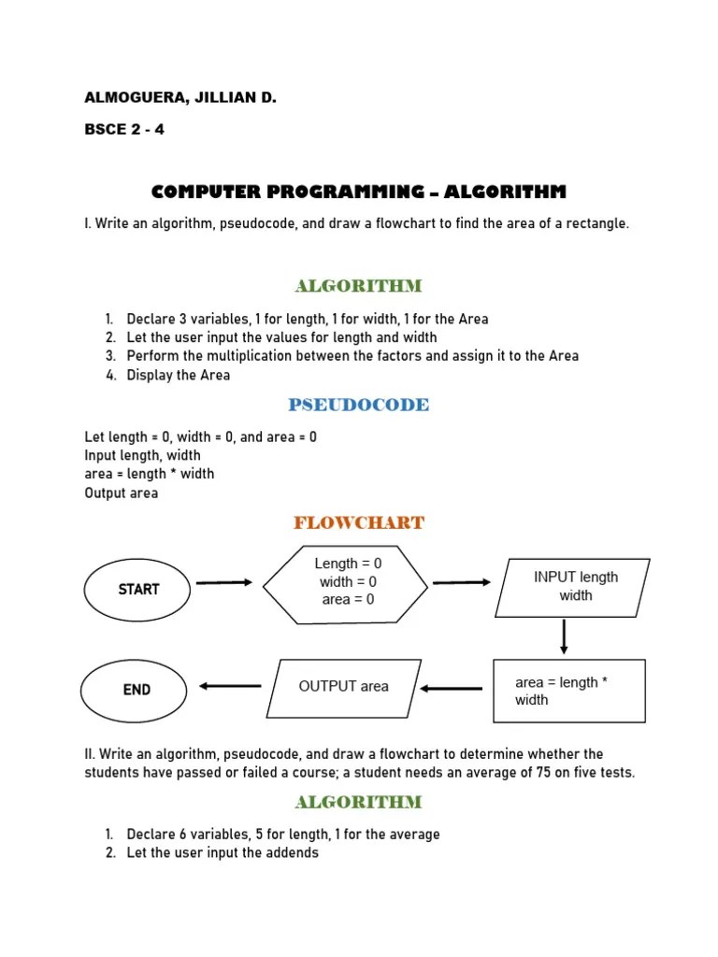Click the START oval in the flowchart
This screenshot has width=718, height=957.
point(138,589)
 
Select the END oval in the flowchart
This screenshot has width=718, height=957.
point(136,690)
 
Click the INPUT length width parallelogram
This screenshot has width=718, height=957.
point(573,587)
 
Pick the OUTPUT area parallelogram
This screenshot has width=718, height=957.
point(344,686)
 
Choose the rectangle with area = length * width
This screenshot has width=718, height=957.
point(568,692)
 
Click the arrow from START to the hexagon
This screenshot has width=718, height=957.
point(224,582)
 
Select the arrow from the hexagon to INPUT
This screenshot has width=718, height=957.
point(462,582)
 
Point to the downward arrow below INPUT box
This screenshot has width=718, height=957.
point(564,636)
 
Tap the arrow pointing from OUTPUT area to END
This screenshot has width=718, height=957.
point(230,687)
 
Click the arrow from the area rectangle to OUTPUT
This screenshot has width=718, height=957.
point(452,689)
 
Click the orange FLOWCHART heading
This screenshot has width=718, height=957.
point(359,522)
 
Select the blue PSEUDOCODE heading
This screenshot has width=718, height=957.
point(359,405)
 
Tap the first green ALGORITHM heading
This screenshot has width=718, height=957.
point(359,285)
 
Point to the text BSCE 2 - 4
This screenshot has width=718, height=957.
point(124,129)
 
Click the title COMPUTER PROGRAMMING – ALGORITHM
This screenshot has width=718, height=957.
point(359,193)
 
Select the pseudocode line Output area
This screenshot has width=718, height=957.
point(122,493)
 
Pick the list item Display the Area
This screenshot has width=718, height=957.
point(179,375)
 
